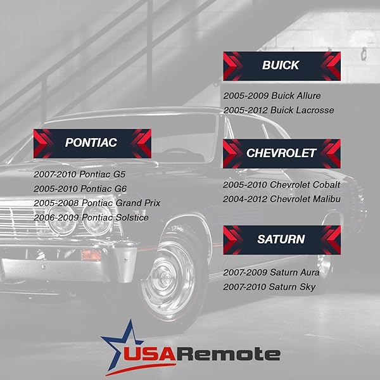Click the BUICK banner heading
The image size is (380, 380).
pyautogui.click(x=281, y=65)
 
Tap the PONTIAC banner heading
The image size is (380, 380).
pyautogui.click(x=91, y=143)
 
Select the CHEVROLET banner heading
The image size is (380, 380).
pyautogui.click(x=281, y=153)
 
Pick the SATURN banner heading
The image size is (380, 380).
pyautogui.click(x=281, y=239)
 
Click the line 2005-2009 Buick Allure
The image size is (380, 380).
pyautogui.click(x=272, y=96)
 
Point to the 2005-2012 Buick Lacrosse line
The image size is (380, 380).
pyautogui.click(x=278, y=110)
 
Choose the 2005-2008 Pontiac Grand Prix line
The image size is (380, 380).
pyautogui.click(x=97, y=203)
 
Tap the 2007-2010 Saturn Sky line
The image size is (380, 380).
pyautogui.click(x=269, y=288)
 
